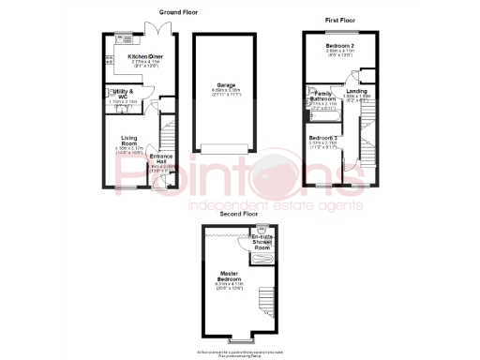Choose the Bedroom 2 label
pos(340,45)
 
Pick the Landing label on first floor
pos(356,91)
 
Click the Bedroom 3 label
pos(323,138)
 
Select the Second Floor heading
pos(238,214)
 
